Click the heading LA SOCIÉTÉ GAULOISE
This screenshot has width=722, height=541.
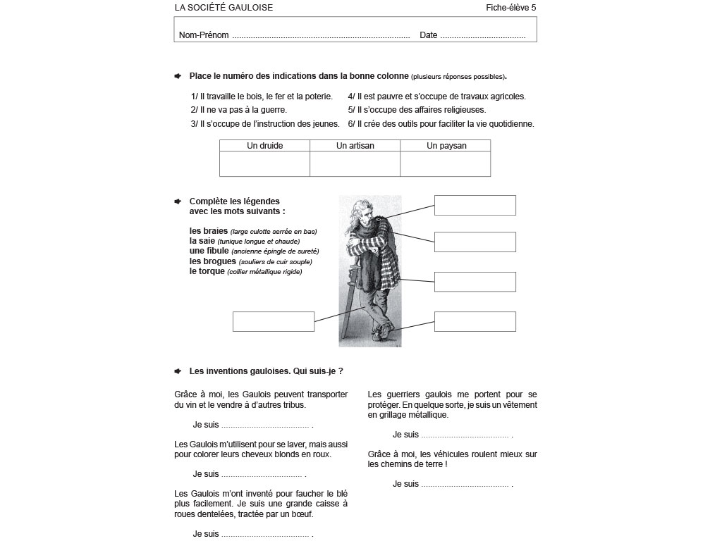[224, 8]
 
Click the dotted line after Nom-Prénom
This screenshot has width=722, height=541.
[321, 35]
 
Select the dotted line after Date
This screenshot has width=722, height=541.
[483, 35]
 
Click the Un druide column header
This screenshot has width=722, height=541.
[264, 146]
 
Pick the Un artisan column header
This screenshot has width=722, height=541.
[355, 146]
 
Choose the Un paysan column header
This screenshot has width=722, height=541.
[446, 146]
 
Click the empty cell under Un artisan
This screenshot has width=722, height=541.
[355, 164]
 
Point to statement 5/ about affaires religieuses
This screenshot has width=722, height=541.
[417, 110]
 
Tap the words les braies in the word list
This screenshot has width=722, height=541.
[209, 231]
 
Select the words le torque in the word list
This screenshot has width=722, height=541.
[207, 271]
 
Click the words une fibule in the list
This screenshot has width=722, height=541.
[209, 251]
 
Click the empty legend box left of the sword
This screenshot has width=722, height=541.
[273, 321]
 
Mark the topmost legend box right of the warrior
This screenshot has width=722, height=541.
[475, 206]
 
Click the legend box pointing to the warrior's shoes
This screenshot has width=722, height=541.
[475, 321]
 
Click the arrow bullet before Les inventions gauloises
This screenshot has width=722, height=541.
[178, 371]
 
